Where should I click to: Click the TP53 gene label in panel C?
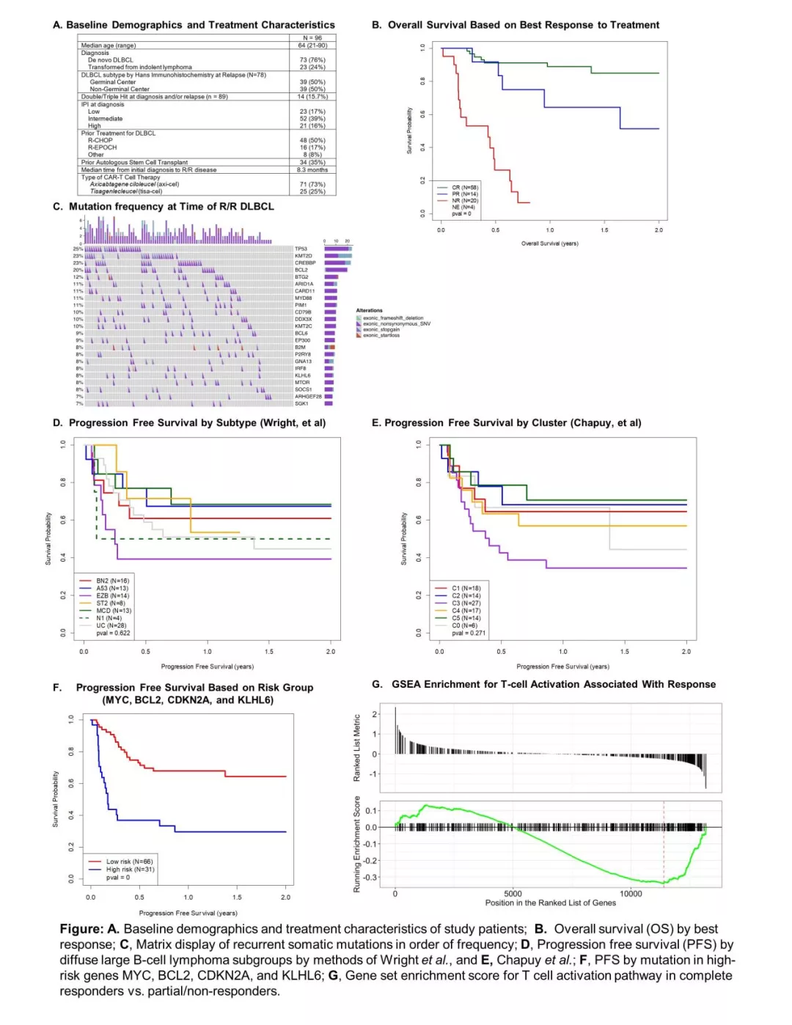pyautogui.click(x=301, y=249)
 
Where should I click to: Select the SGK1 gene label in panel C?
pyautogui.click(x=301, y=403)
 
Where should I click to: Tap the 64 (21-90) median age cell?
pyautogui.click(x=312, y=45)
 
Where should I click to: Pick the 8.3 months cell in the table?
pyautogui.click(x=312, y=169)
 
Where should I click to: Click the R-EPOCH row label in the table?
pyautogui.click(x=102, y=147)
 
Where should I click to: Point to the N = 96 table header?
pyautogui.click(x=312, y=38)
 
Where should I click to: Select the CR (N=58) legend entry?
pyautogui.click(x=464, y=188)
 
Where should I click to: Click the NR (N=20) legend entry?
pyautogui.click(x=464, y=200)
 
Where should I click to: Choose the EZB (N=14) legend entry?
pyautogui.click(x=112, y=595)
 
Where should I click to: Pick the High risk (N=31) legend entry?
pyautogui.click(x=129, y=869)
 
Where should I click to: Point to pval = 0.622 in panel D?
pyautogui.click(x=113, y=633)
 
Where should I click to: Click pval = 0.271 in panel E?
pyautogui.click(x=469, y=633)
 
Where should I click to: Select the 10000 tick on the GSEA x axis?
pyautogui.click(x=631, y=893)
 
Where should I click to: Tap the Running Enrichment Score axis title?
pyautogui.click(x=357, y=844)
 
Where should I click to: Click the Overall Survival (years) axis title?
pyautogui.click(x=549, y=243)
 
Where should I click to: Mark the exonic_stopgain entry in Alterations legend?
pyautogui.click(x=381, y=329)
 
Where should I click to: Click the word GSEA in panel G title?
pyautogui.click(x=406, y=684)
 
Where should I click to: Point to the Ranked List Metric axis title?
pyautogui.click(x=357, y=747)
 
